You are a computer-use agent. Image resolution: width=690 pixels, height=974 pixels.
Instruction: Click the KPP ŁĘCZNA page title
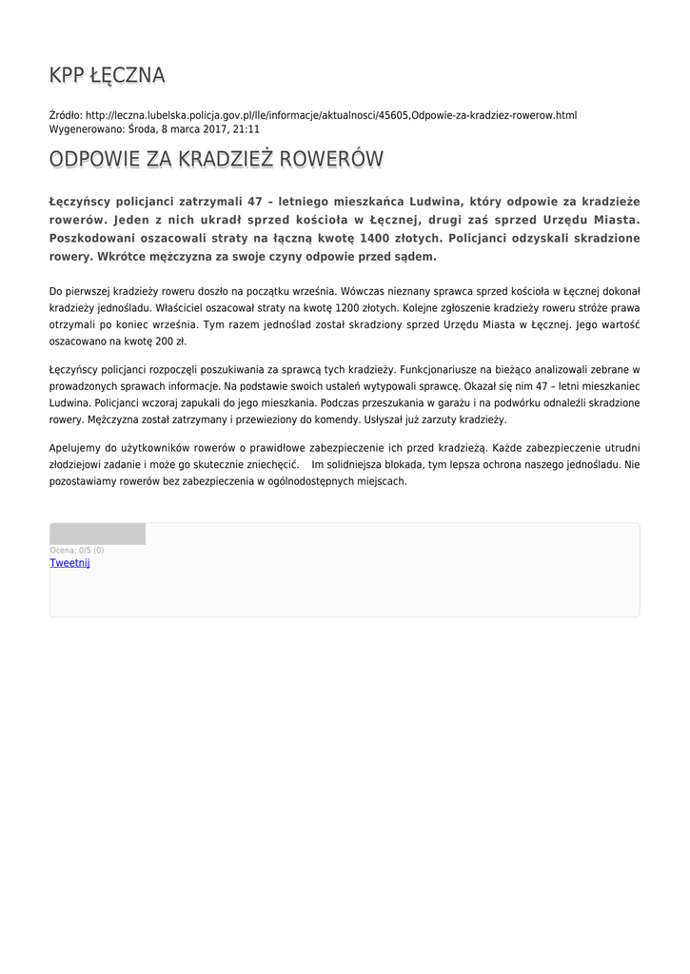click(x=108, y=75)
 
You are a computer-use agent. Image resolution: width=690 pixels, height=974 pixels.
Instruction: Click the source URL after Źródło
click(x=331, y=115)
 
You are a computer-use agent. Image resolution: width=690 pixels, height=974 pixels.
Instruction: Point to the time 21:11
click(x=246, y=129)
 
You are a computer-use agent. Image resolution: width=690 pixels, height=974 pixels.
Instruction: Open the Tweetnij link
click(x=69, y=563)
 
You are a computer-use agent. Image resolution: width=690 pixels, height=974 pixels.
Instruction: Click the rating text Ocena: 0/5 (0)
click(x=77, y=550)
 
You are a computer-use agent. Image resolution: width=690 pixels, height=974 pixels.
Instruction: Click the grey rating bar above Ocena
click(x=98, y=534)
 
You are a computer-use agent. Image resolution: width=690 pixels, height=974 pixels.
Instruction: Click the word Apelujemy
click(x=76, y=447)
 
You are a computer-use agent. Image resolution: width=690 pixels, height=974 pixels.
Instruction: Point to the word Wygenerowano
click(x=88, y=129)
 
